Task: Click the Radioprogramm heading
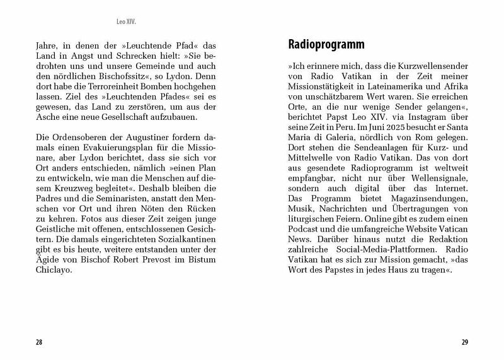pyautogui.click(x=326, y=45)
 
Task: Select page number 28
pyautogui.click(x=38, y=343)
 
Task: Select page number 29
pyautogui.click(x=465, y=343)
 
